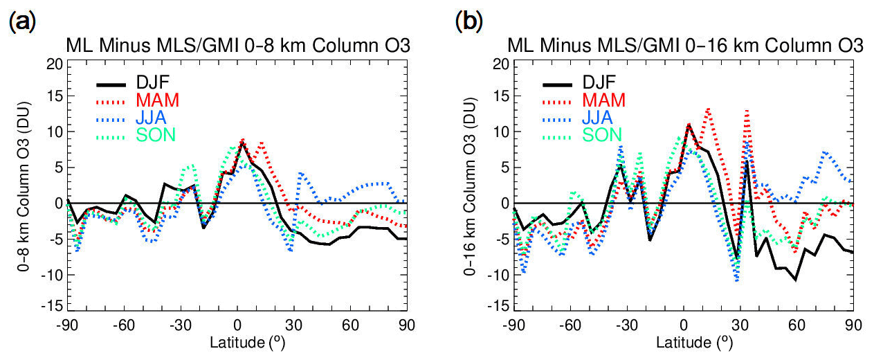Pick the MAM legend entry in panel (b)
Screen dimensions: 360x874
tap(603, 100)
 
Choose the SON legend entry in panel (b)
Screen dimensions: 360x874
tap(602, 134)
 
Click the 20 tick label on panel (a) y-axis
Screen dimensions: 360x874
tap(53, 62)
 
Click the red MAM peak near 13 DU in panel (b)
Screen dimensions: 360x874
tap(708, 109)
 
